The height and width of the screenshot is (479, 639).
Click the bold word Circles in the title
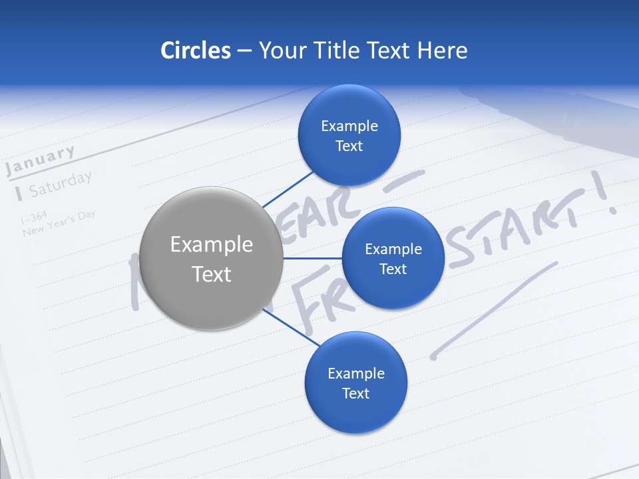pyautogui.click(x=195, y=51)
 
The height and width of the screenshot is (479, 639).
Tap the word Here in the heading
pyautogui.click(x=442, y=51)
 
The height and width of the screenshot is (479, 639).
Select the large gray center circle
pyautogui.click(x=211, y=259)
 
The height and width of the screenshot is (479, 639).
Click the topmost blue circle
pyautogui.click(x=349, y=136)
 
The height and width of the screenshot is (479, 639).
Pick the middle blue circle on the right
pyautogui.click(x=393, y=259)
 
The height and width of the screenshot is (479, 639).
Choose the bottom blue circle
pyautogui.click(x=355, y=383)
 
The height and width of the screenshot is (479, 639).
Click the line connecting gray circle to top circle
pyautogui.click(x=288, y=188)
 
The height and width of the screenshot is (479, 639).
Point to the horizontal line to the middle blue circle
pyautogui.click(x=312, y=258)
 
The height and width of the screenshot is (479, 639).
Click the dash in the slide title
pyautogui.click(x=244, y=51)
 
